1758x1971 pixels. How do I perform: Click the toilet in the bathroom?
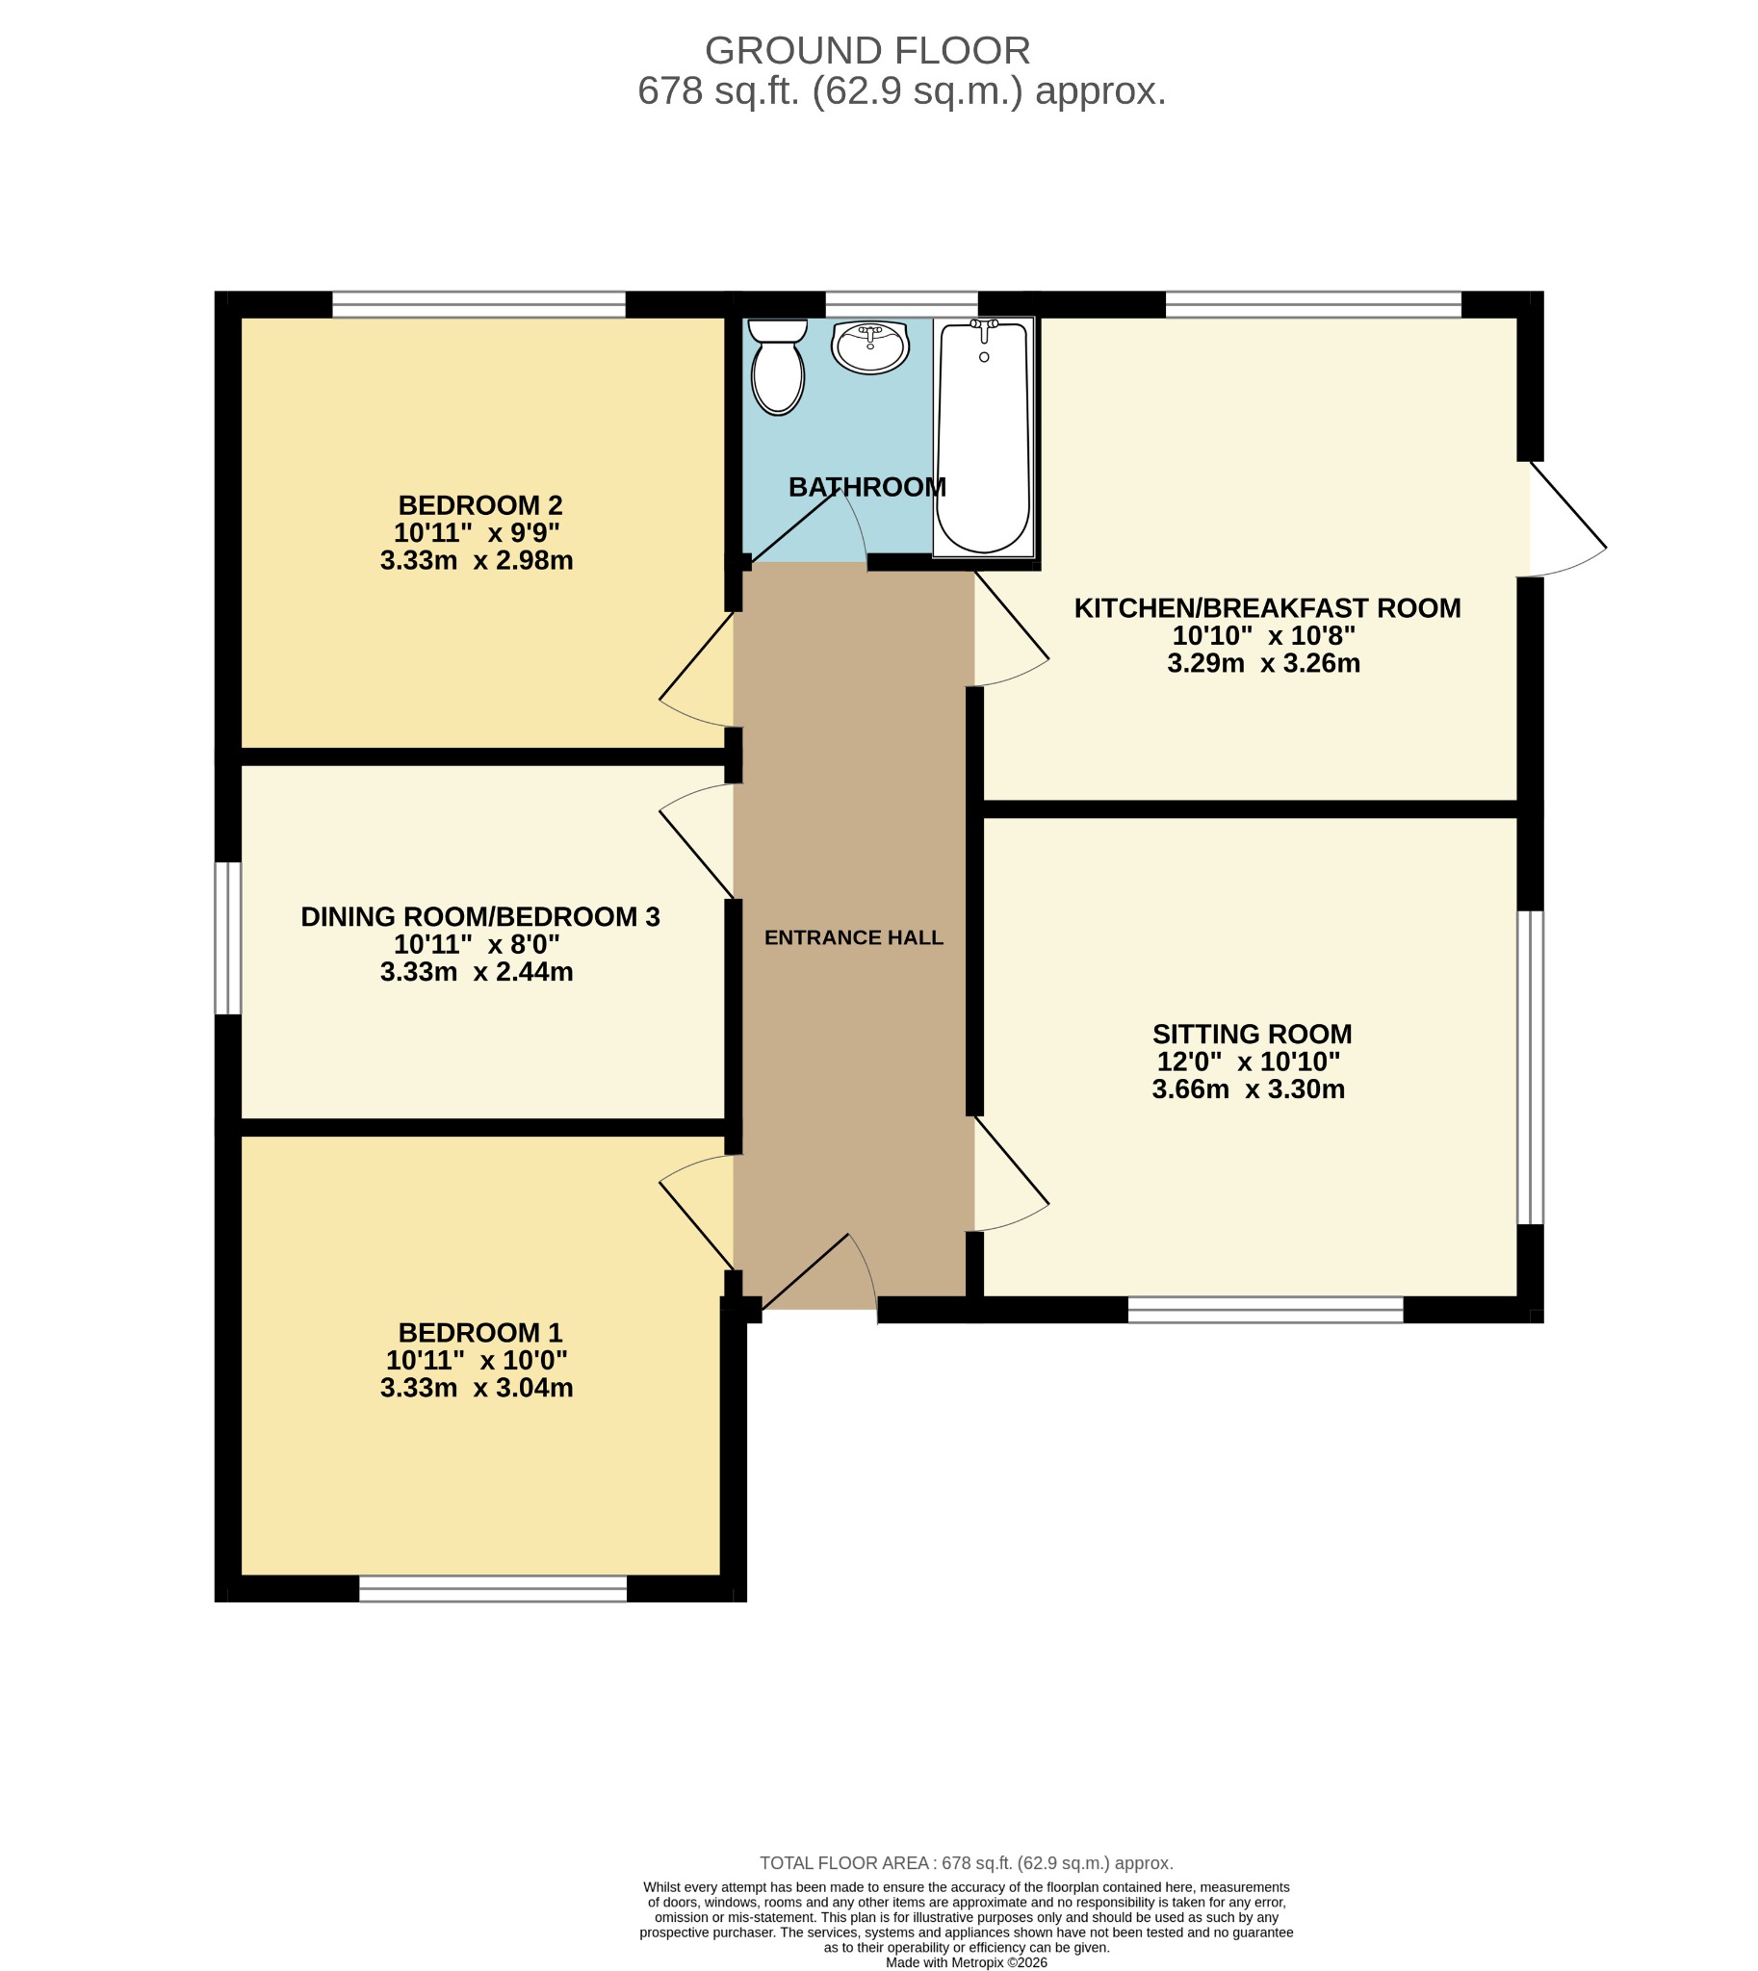tap(778, 367)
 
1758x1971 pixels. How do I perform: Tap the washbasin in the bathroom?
tap(870, 347)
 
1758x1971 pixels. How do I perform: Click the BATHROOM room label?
tap(867, 487)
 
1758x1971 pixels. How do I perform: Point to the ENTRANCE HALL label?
tap(854, 937)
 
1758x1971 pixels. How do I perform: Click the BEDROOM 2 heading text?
tap(480, 505)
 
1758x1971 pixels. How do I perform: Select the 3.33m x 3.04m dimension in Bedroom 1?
tap(478, 1388)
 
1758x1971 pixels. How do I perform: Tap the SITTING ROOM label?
tap(1252, 1035)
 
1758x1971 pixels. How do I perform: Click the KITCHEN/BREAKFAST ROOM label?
tap(1267, 608)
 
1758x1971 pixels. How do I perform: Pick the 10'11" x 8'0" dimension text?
tap(478, 943)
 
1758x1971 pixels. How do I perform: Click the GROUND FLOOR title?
tap(867, 50)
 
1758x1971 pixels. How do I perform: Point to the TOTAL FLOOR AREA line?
tap(966, 1863)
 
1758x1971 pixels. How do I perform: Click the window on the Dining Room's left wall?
tap(228, 937)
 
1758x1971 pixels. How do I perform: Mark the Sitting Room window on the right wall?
tap(1530, 1067)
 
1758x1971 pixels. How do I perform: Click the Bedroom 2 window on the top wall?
tap(479, 304)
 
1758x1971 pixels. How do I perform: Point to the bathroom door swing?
tap(808, 526)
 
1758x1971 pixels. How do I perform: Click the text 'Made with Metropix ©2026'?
tap(966, 1962)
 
